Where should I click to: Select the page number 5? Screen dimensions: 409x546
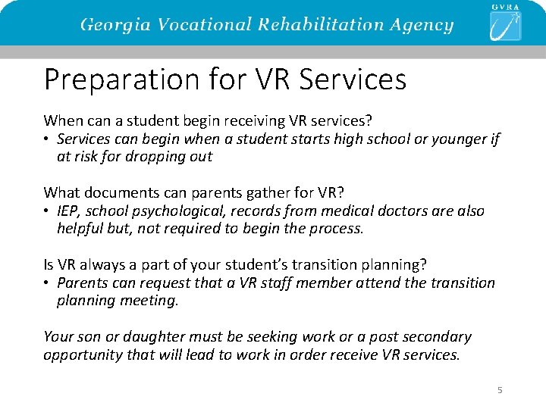500,390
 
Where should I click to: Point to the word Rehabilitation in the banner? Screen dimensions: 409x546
313,24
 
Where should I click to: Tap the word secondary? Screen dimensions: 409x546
438,336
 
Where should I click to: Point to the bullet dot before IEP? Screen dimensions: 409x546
47,211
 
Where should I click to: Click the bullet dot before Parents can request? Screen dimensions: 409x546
47,283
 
